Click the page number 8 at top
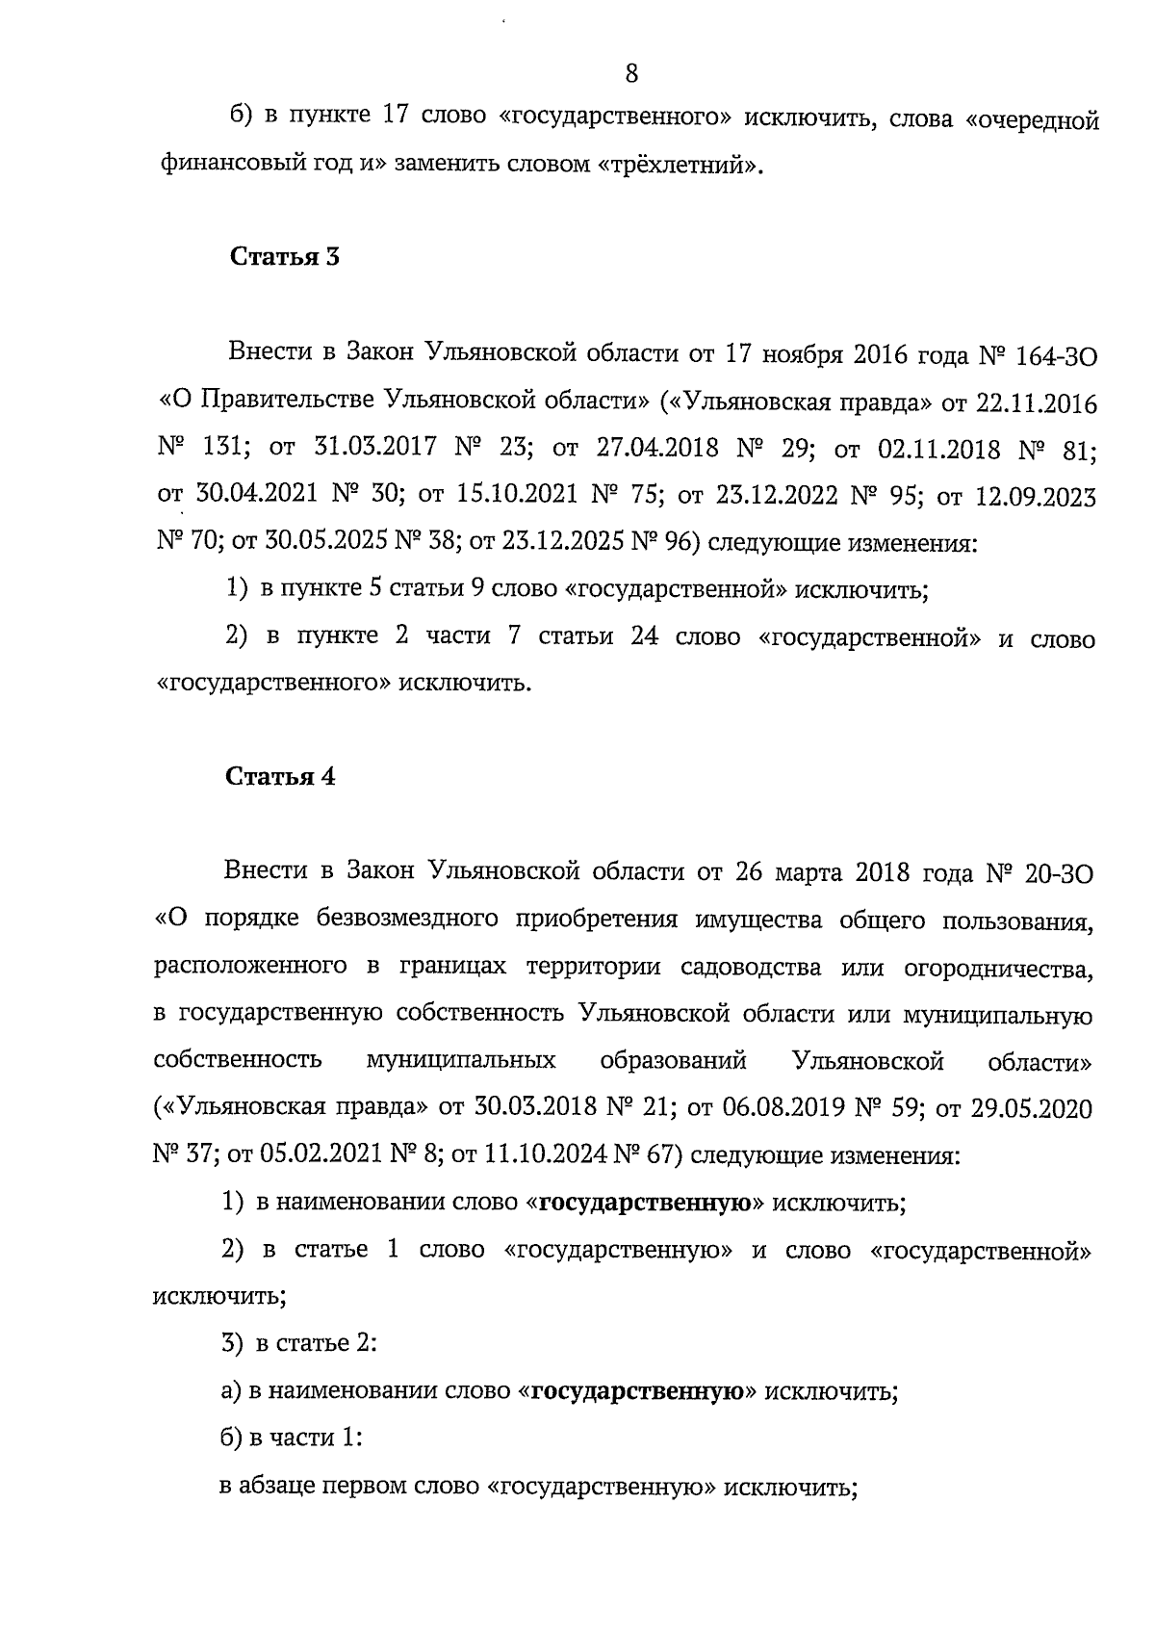(x=631, y=73)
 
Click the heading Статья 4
(x=281, y=777)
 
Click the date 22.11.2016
(x=1036, y=402)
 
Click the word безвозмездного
(x=406, y=920)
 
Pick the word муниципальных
(x=461, y=1061)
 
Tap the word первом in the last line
(x=360, y=1487)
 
